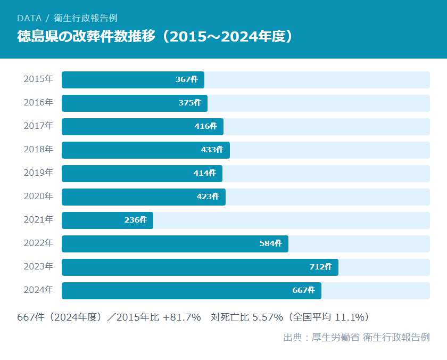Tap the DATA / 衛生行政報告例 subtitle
(67, 18)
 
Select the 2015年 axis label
(38, 79)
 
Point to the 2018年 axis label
(38, 150)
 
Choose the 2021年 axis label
(38, 220)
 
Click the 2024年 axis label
(38, 290)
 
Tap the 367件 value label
(186, 80)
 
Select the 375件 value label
(189, 103)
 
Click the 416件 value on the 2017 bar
(205, 127)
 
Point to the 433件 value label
(212, 150)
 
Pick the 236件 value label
(135, 220)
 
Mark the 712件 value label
(320, 267)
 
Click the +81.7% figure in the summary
(181, 317)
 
